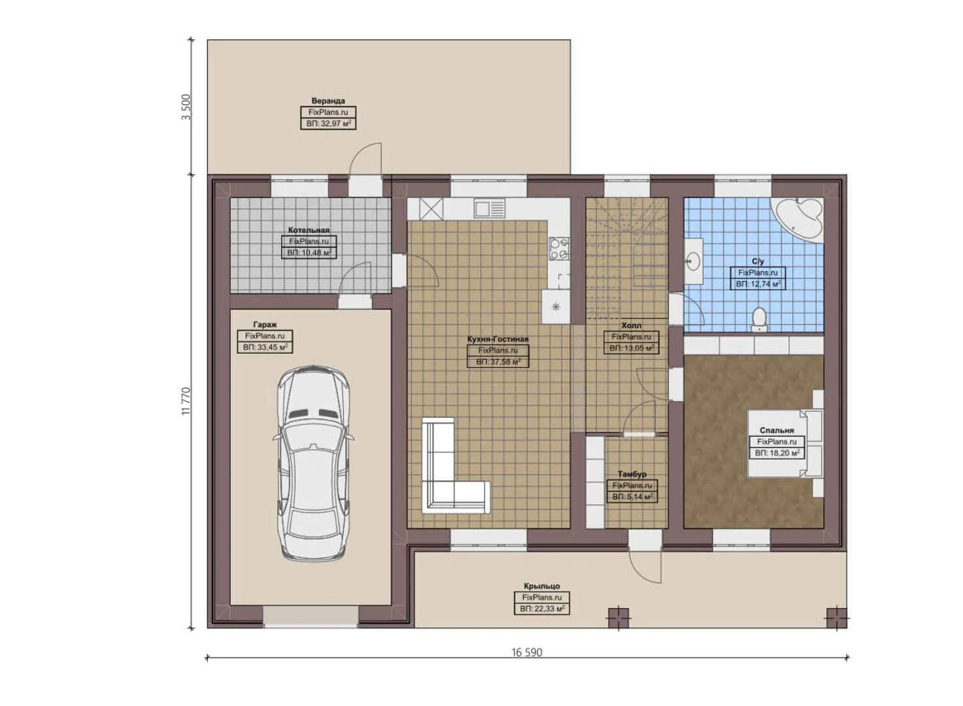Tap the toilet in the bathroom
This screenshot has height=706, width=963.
(x=758, y=319)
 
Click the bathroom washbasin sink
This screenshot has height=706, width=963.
(x=693, y=262)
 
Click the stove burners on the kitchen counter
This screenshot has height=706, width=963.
(x=559, y=248)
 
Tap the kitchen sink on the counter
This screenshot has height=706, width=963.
(x=490, y=209)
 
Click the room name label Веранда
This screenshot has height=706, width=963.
(x=328, y=101)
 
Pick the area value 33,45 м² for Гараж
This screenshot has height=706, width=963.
(x=265, y=348)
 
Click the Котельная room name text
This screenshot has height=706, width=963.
(x=309, y=230)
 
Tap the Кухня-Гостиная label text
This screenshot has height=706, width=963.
(x=498, y=339)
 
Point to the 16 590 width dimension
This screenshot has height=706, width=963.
(x=526, y=652)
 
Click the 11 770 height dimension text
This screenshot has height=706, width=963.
(x=186, y=401)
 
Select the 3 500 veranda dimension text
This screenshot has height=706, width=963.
(x=186, y=107)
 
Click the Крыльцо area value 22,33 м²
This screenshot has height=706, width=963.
(x=542, y=609)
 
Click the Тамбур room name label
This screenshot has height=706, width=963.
(x=632, y=475)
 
